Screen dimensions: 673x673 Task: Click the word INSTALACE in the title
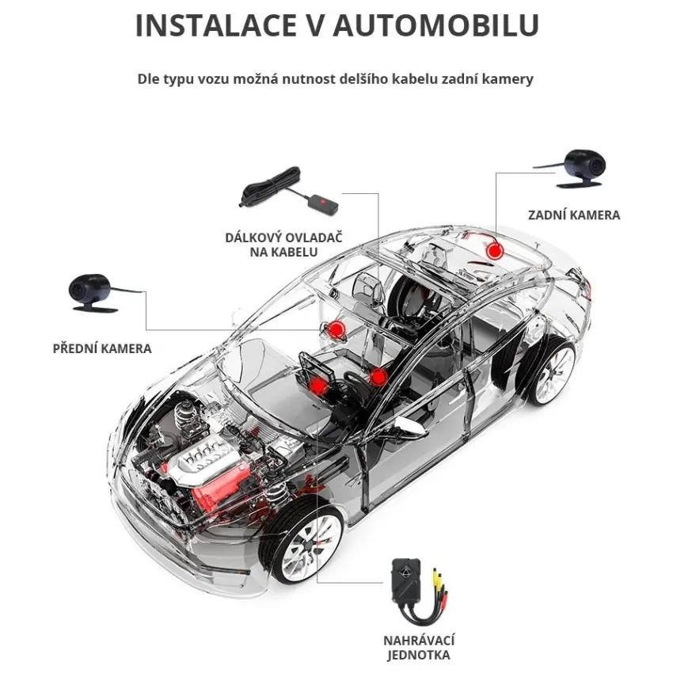216,25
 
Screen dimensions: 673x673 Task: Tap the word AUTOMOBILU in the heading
435,25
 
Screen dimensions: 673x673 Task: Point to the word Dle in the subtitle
148,79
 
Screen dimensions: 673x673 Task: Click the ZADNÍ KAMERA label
574,215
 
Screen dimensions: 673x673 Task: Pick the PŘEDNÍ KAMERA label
102,348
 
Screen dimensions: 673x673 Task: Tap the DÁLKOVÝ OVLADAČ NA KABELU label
283,245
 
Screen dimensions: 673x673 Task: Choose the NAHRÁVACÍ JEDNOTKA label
419,648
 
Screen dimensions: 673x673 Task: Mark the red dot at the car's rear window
494,251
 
